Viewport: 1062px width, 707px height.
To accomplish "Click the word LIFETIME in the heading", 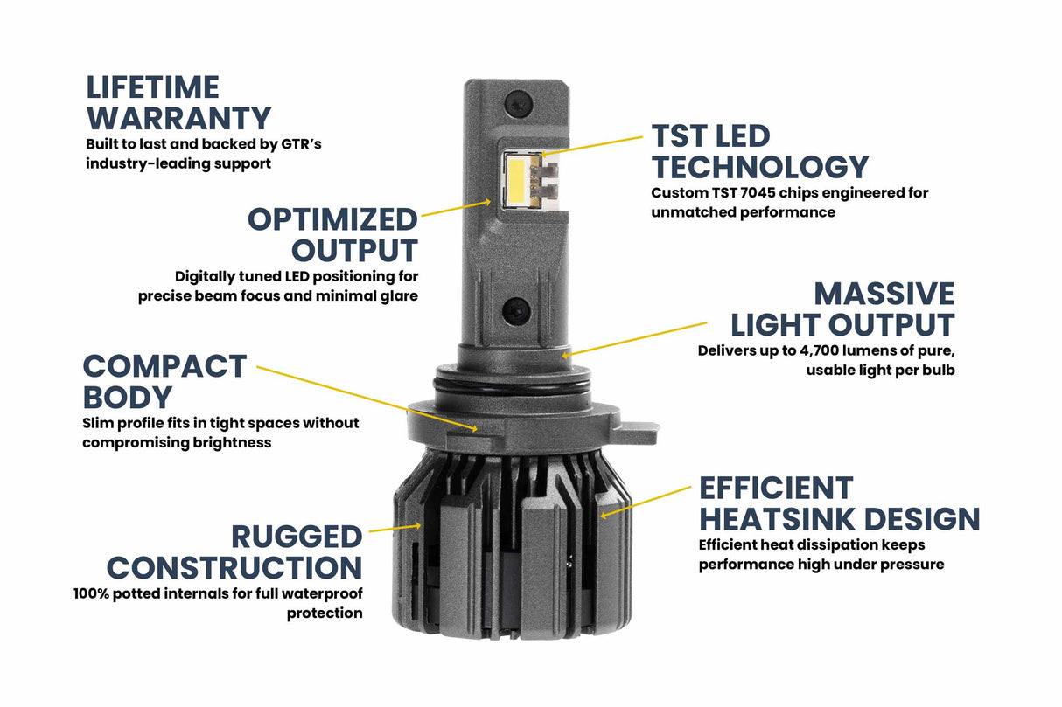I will (152, 87).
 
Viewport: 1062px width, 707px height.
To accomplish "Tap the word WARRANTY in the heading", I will (178, 118).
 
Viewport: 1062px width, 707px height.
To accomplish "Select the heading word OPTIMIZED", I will (332, 218).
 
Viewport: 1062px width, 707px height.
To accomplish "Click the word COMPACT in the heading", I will (164, 366).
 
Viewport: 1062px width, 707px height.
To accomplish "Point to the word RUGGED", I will (297, 537).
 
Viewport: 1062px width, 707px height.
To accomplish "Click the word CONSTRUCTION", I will (234, 568).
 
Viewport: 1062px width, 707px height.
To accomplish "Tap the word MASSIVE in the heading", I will (884, 294).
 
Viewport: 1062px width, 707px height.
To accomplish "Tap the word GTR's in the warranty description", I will (300, 143).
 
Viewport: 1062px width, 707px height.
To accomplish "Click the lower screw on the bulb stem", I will (515, 308).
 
